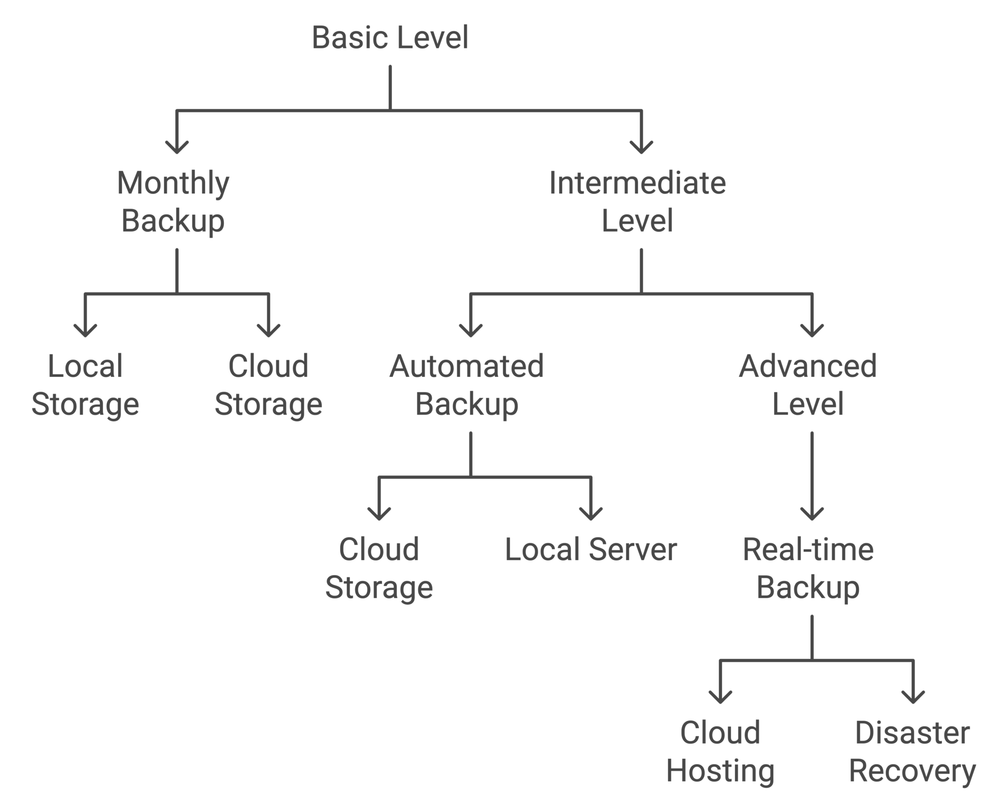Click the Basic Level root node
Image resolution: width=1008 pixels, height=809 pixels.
[x=390, y=37]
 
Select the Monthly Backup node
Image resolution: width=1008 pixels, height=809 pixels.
[x=173, y=202]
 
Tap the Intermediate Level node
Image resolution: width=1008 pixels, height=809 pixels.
[x=637, y=202]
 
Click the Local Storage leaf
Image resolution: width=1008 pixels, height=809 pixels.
[x=85, y=385]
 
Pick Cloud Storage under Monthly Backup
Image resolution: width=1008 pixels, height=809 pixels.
[x=268, y=385]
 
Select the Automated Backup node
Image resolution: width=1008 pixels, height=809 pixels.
[x=467, y=385]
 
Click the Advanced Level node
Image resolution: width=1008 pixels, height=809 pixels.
[x=808, y=385]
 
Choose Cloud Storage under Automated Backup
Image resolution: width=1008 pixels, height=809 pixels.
[x=378, y=568]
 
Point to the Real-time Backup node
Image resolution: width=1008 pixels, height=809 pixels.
[x=808, y=568]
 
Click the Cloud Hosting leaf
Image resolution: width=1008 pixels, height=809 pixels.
[x=720, y=751]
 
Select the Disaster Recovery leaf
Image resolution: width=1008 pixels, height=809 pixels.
[x=913, y=751]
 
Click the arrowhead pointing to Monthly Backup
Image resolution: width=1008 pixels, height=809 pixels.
[x=177, y=148]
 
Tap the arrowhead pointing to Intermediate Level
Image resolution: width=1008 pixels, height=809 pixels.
[x=641, y=148]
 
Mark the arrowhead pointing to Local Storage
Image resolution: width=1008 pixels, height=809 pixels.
[x=85, y=331]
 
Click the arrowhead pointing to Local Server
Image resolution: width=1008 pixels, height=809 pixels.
[x=591, y=514]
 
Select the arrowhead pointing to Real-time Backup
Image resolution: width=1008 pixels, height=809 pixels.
[x=812, y=514]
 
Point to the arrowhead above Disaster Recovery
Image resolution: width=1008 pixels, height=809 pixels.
[x=913, y=697]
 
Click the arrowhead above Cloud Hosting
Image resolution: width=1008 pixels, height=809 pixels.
[x=720, y=697]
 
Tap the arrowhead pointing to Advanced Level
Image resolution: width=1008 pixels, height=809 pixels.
[x=812, y=331]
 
